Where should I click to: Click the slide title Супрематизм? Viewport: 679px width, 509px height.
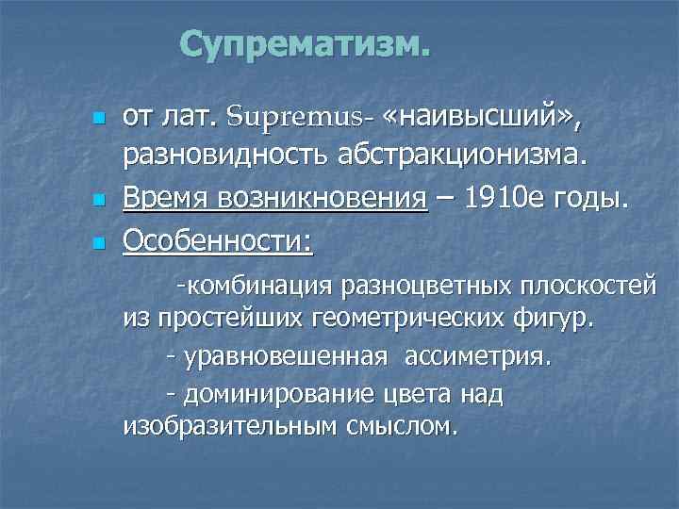click(x=304, y=43)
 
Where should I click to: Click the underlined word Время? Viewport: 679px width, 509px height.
click(x=165, y=200)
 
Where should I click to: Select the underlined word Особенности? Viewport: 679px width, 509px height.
click(x=219, y=240)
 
